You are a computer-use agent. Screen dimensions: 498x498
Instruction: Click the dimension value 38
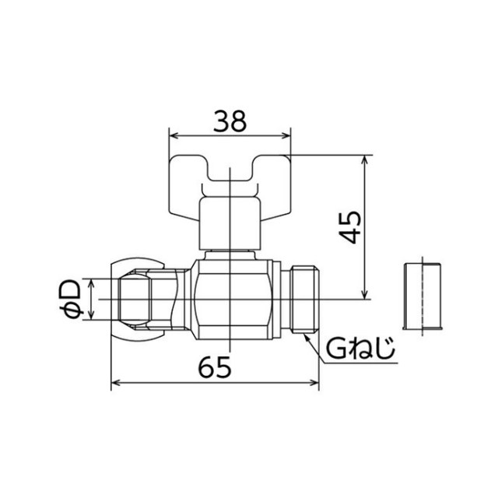pos(230,121)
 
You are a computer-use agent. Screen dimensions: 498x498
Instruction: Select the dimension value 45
pos(350,227)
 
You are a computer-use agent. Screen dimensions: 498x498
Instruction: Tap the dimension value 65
pos(215,367)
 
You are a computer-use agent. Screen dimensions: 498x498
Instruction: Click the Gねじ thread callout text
pos(360,349)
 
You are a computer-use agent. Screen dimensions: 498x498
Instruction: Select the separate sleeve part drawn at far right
pos(423,296)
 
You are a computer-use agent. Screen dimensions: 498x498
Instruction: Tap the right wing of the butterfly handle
pos(272,187)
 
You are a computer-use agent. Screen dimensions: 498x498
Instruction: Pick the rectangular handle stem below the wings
pos(230,223)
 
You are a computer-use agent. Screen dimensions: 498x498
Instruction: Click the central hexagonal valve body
pos(232,300)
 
